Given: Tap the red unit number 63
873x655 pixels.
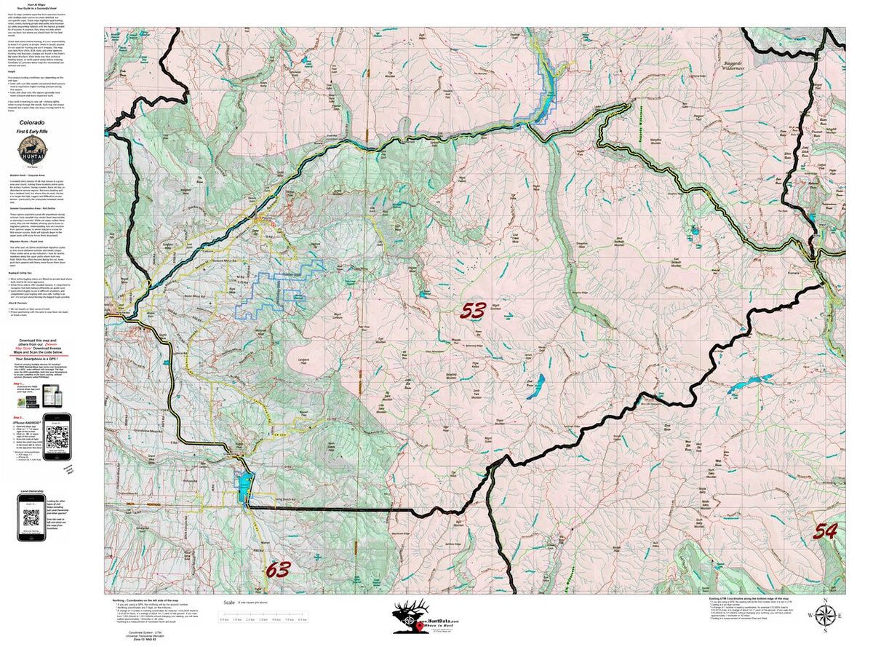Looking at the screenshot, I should tap(278, 569).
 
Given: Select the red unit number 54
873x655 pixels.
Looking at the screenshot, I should tap(825, 531).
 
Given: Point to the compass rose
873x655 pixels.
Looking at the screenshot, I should tap(825, 616).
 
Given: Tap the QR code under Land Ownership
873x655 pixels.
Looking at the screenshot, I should tap(31, 518).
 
